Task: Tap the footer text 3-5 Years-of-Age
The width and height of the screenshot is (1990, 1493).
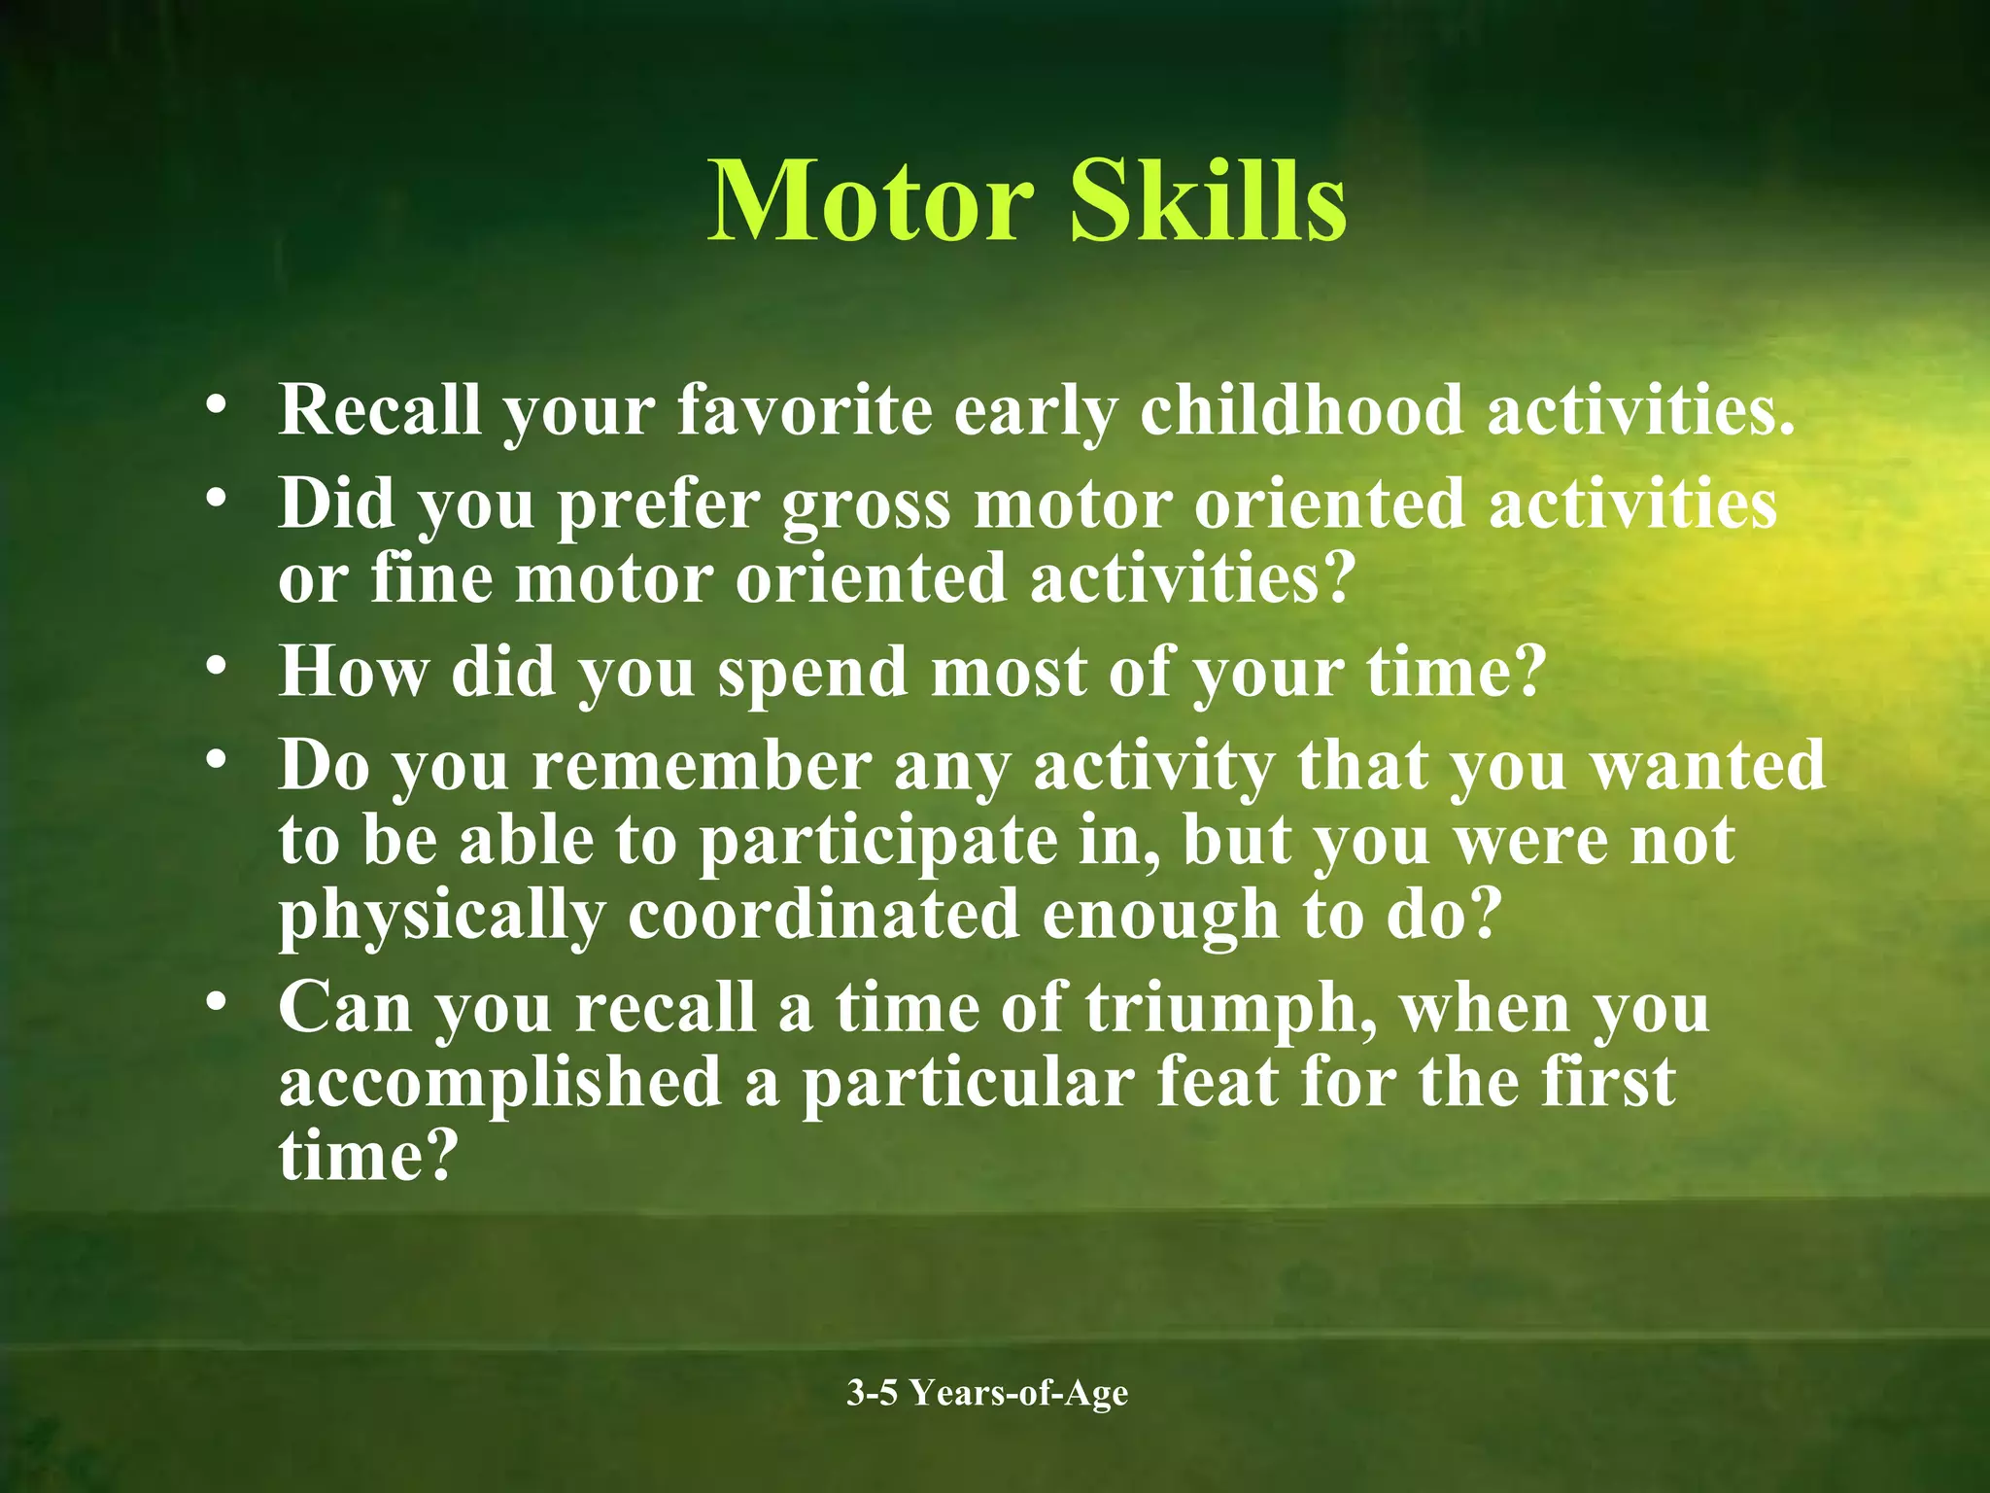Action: (x=987, y=1393)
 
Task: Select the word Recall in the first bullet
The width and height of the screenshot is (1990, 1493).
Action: (x=380, y=409)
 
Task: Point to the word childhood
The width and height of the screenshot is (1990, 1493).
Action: (x=1301, y=409)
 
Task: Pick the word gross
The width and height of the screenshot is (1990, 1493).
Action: (x=867, y=505)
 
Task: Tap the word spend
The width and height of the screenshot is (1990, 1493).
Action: (x=811, y=674)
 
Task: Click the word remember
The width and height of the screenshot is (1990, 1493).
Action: (x=702, y=766)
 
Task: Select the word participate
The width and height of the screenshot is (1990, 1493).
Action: (x=878, y=842)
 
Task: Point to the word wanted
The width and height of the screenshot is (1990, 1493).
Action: (x=1707, y=766)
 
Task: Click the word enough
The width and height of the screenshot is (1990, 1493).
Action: (x=1160, y=917)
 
